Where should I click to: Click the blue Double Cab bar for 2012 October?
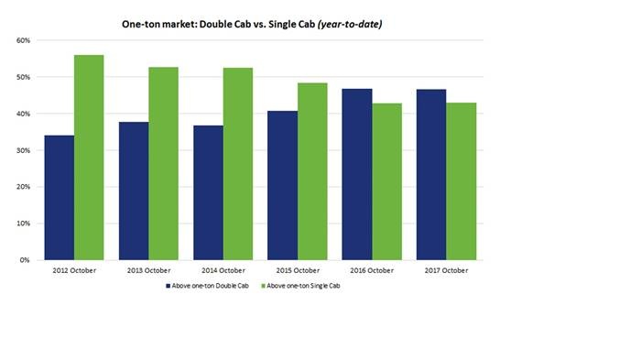pos(60,198)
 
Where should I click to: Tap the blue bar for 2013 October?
pos(134,191)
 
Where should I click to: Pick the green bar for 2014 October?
pos(238,164)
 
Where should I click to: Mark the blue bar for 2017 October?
pos(431,175)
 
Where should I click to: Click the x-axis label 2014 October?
pos(223,271)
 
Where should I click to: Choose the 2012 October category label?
pos(73,271)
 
